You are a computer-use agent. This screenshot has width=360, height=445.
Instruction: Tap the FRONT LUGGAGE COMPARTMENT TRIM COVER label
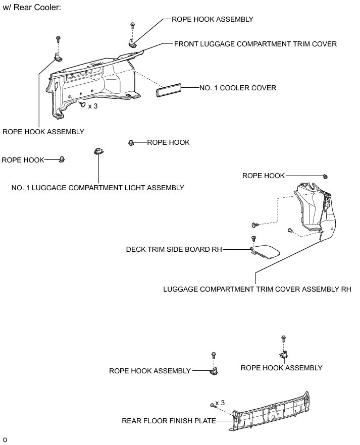[255, 44]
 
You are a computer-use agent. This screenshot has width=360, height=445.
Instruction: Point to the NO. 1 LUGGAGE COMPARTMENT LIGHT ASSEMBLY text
[98, 188]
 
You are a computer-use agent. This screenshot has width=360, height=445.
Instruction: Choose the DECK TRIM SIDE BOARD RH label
[174, 249]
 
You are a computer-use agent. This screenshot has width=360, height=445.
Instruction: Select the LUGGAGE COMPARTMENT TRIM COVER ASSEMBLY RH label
[257, 290]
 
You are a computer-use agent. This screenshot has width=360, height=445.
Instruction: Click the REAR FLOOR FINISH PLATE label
[169, 420]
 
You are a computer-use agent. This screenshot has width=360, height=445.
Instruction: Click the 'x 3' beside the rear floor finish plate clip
[220, 403]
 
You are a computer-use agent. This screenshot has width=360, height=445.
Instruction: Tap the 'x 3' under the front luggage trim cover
[92, 106]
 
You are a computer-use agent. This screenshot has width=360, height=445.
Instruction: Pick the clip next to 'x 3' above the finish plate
[212, 405]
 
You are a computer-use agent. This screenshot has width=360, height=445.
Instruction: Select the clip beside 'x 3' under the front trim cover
[82, 104]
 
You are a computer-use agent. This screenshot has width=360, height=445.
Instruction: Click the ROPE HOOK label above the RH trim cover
[264, 176]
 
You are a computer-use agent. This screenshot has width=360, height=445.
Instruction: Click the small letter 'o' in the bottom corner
[5, 439]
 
